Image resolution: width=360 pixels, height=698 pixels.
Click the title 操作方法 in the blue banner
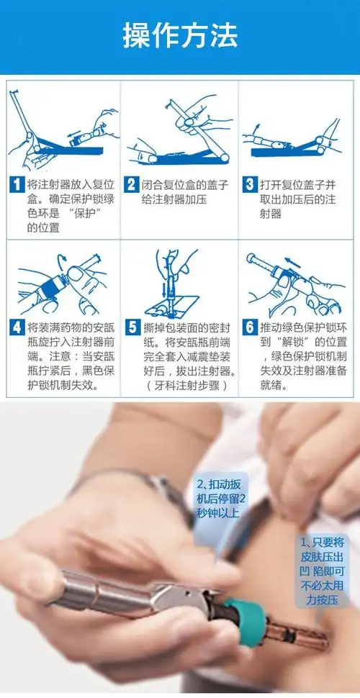coord(180,35)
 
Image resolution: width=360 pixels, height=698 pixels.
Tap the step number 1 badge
coord(17,183)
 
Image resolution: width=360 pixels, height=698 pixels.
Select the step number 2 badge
coord(132,183)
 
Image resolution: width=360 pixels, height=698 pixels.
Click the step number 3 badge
coord(249,183)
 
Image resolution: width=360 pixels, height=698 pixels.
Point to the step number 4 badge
coord(17,326)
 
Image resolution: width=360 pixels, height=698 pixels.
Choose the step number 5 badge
coord(132,326)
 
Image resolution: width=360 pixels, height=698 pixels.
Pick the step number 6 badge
coord(249,326)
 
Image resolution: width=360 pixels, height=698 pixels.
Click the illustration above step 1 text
coord(61,130)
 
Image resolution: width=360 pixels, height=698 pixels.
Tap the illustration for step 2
coord(179,130)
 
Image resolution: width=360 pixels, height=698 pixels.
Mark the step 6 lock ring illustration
coord(295,284)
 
